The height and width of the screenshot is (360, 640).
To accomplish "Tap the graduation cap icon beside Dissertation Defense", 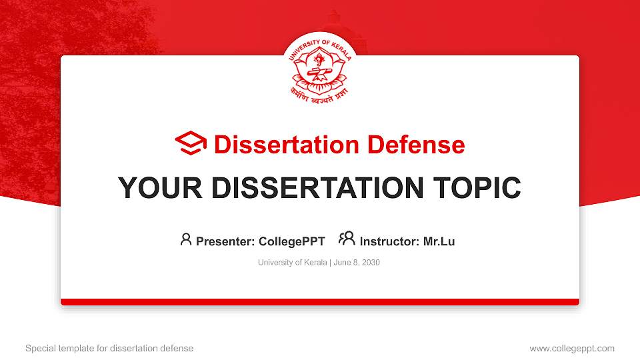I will coord(191,143).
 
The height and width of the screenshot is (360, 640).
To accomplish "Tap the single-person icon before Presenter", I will coord(186,239).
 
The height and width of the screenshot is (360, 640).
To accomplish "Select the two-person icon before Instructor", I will coord(347,239).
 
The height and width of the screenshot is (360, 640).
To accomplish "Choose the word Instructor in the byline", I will coord(388,241).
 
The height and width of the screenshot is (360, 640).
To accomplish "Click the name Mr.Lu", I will coord(439,241).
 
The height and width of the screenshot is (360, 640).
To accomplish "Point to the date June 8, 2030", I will coord(356,263).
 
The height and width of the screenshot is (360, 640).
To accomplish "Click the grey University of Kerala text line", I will coord(291,263).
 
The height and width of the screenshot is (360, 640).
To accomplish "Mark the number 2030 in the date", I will coord(370,263).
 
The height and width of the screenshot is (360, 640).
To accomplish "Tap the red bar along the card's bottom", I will coord(319,302).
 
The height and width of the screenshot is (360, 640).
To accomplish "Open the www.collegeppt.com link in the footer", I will coord(572,348).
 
